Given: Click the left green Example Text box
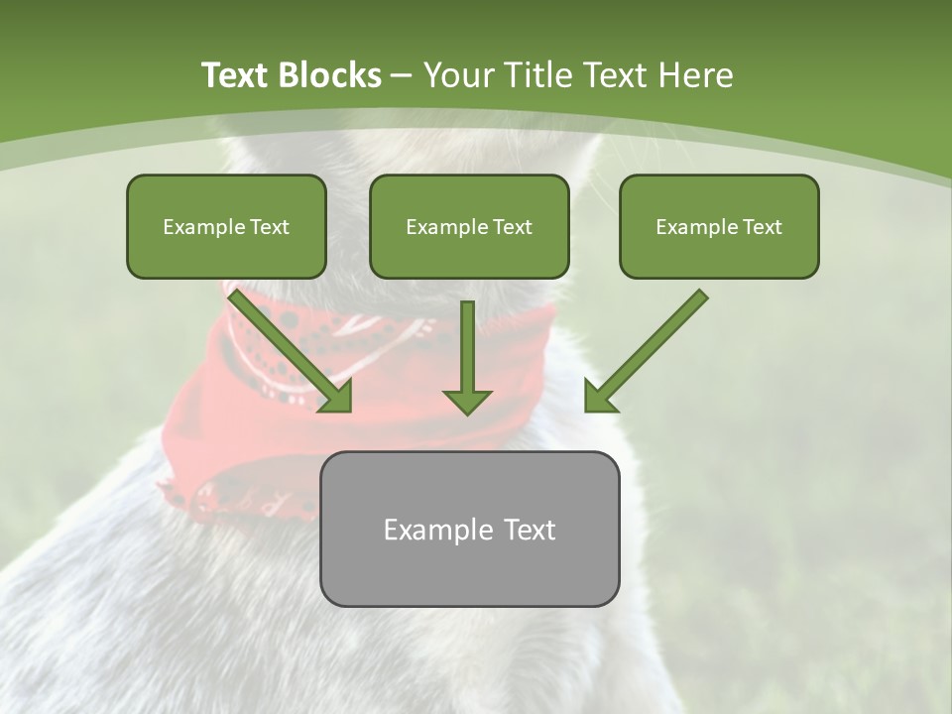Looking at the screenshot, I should (226, 226).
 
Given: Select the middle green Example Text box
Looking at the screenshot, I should (469, 226).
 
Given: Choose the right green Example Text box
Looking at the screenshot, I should (719, 226).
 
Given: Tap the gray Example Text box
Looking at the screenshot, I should (469, 529).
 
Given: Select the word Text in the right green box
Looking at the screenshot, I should (762, 227).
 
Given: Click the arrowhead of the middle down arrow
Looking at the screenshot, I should (467, 401).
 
